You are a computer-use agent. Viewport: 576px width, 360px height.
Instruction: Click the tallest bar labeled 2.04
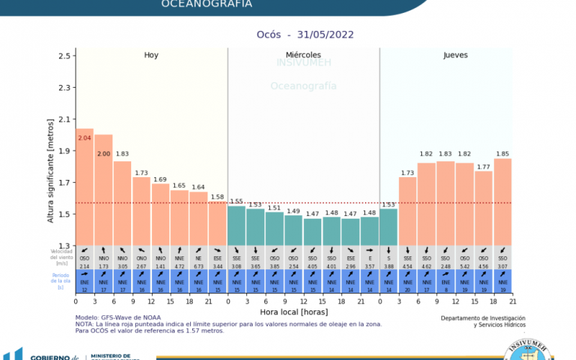point(84,187)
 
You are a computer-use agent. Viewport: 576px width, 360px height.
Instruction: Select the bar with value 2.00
point(104,190)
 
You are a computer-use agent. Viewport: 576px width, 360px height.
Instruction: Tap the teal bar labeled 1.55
point(236,225)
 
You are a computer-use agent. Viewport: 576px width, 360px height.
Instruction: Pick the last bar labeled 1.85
point(502,202)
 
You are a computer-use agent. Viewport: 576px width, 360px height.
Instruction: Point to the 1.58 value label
point(217,197)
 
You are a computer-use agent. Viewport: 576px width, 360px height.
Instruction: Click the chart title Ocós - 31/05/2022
point(305,34)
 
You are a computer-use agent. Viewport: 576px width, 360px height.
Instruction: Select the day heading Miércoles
point(303,55)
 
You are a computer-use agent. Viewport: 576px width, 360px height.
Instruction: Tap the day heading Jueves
point(454,55)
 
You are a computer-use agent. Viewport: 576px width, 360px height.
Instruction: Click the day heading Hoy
point(151,55)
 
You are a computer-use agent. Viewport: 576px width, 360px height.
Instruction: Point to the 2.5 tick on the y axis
point(66,55)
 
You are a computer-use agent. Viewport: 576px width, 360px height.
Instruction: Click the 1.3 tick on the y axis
point(66,246)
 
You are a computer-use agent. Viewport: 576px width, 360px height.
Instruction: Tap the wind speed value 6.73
point(198,266)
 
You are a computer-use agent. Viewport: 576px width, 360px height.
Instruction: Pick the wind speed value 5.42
point(464,266)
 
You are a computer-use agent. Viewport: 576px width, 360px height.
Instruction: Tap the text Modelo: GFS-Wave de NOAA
point(119,317)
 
